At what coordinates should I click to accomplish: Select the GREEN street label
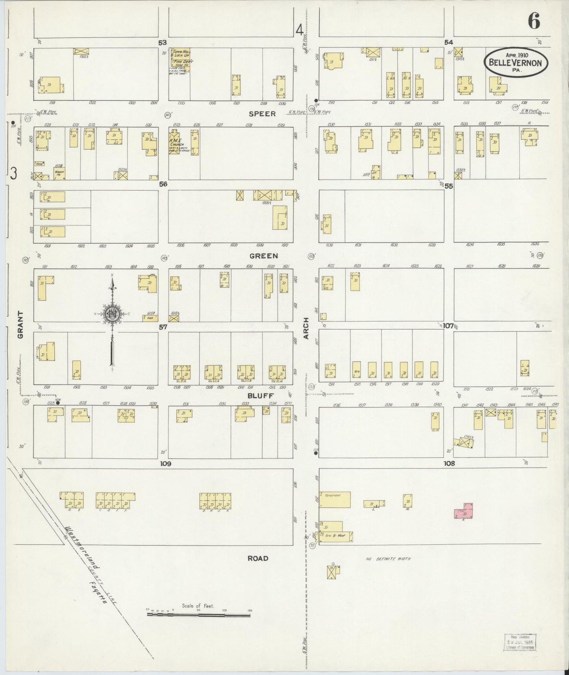tap(263, 256)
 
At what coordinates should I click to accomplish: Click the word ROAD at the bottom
tap(258, 558)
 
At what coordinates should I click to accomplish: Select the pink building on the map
tap(464, 511)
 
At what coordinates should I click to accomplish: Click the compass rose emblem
tap(112, 313)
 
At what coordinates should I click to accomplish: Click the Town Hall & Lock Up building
tap(180, 60)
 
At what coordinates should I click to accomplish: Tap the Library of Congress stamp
tap(521, 642)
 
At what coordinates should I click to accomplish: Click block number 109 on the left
tap(165, 464)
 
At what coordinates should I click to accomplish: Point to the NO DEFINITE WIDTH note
tap(388, 558)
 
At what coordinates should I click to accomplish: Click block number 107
tap(448, 326)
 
